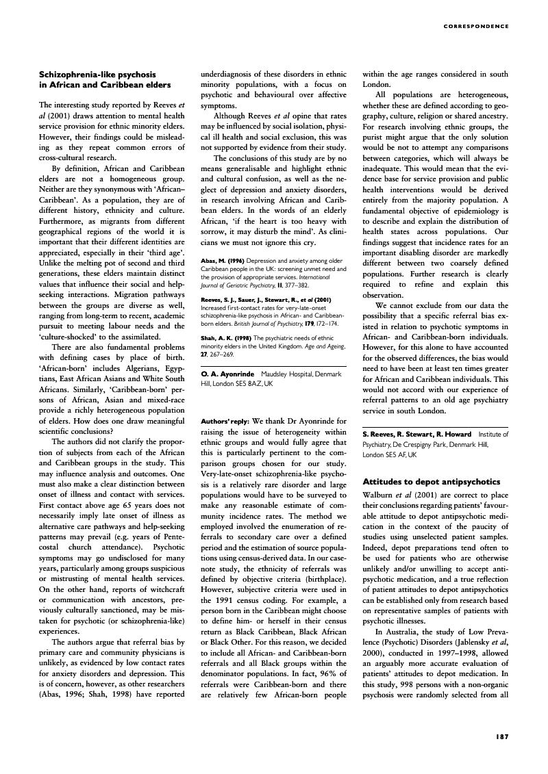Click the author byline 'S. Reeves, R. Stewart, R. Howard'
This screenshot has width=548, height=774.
click(419, 434)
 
